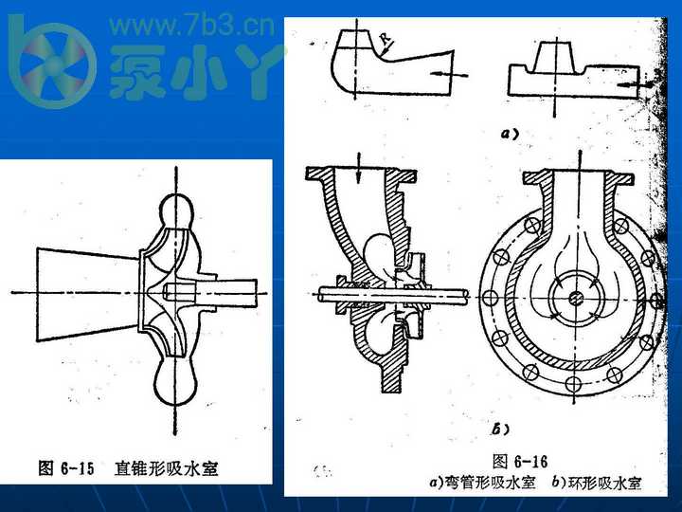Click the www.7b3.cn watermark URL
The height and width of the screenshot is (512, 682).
[192, 25]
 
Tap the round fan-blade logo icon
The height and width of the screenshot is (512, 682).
[51, 64]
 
